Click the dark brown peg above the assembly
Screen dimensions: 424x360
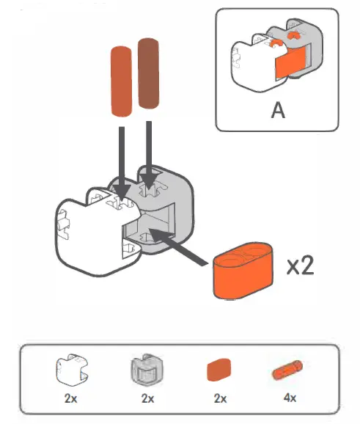(150, 76)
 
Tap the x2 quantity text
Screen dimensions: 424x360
(300, 265)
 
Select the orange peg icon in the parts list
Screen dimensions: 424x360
(289, 370)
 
